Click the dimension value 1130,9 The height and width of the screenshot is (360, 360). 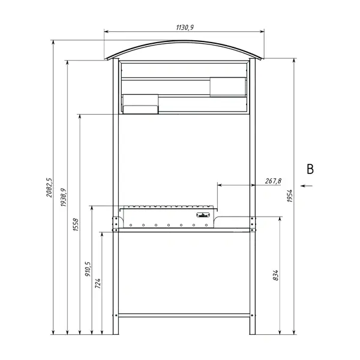[x=185, y=28]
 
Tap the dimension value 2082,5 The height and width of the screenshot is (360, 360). [x=49, y=187]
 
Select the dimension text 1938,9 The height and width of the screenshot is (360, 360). [x=64, y=197]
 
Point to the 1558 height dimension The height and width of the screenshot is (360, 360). [x=76, y=224]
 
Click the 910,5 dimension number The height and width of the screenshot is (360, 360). [x=88, y=269]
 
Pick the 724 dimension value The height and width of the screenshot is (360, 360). [x=98, y=283]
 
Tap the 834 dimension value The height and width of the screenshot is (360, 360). [x=275, y=275]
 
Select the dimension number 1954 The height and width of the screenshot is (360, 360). [x=290, y=196]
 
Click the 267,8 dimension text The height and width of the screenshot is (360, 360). [x=273, y=181]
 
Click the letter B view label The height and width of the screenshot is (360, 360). [x=310, y=169]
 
